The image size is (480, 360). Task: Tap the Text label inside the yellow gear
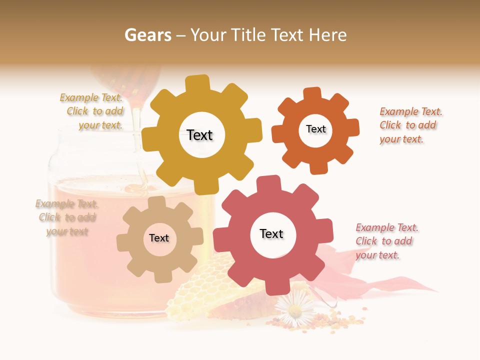pyautogui.click(x=199, y=135)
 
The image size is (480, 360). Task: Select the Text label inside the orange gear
pyautogui.click(x=315, y=129)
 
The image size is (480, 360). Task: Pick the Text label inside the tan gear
pyautogui.click(x=159, y=238)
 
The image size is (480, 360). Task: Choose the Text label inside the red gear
pyautogui.click(x=271, y=233)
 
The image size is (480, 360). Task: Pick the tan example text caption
pyautogui.click(x=67, y=217)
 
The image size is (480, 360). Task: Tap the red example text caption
pyautogui.click(x=386, y=241)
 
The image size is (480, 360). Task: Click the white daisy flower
pyautogui.click(x=295, y=310)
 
